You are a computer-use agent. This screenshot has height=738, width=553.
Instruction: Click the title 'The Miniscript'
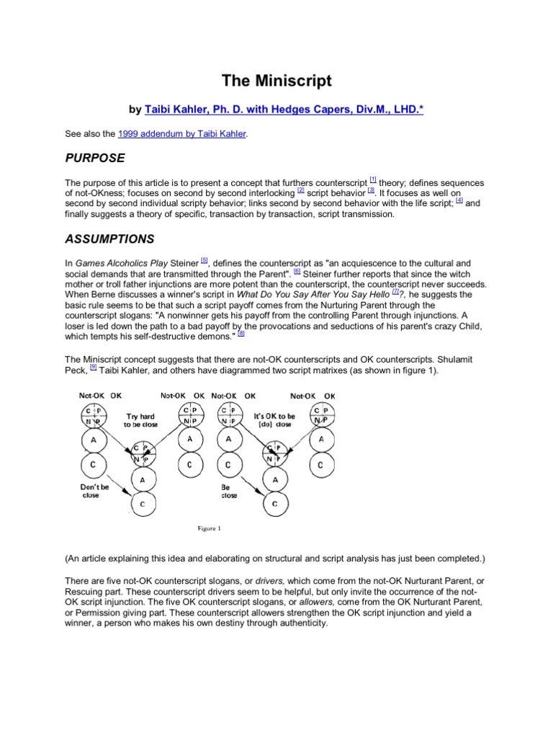tap(276, 81)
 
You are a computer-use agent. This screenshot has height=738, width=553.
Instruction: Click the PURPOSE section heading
tap(94, 157)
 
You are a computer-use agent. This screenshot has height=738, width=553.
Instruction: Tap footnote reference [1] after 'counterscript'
tap(372, 179)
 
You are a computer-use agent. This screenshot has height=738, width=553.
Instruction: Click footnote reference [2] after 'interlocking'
tap(301, 190)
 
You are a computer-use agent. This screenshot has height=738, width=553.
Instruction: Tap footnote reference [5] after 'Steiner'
tap(204, 260)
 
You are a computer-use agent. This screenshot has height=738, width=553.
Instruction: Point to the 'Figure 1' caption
tap(210, 528)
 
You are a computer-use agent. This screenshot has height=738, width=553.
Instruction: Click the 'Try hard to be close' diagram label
tap(142, 420)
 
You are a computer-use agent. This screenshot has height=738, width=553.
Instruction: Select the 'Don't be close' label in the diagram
tap(94, 490)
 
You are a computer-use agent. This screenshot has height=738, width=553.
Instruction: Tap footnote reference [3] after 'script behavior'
tap(371, 190)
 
